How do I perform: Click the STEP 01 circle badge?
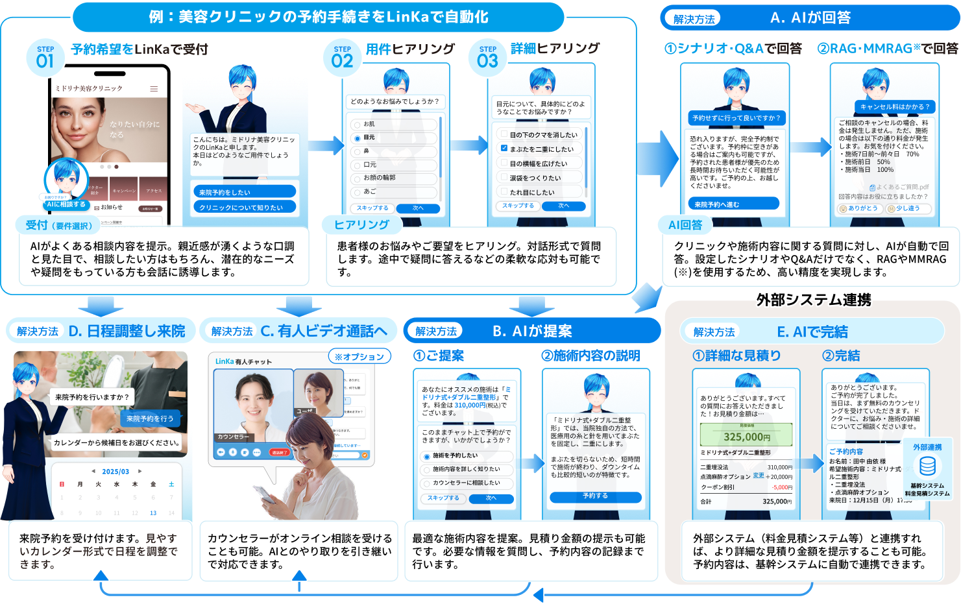point(45,58)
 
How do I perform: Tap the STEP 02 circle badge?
point(342,58)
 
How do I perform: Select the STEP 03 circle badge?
point(487,58)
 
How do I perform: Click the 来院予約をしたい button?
point(244,192)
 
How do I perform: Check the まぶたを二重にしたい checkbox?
point(504,149)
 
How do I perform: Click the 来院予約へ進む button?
point(734,204)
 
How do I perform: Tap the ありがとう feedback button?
point(858,208)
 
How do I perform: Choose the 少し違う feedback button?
point(908,208)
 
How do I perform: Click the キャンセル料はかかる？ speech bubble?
point(895,106)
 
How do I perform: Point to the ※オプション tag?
point(359,356)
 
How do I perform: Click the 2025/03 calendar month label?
point(116,472)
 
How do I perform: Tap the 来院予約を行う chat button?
point(150,418)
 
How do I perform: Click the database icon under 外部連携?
point(927,466)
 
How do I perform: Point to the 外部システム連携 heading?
point(812,300)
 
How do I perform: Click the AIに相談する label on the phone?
point(66,204)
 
